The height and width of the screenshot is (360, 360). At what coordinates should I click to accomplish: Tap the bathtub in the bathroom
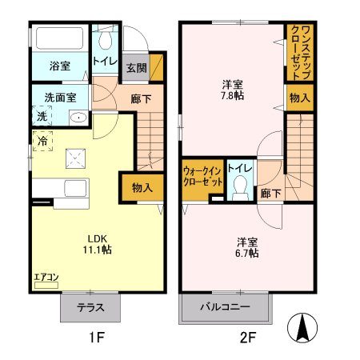[59, 40]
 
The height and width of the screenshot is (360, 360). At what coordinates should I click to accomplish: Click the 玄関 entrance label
[134, 69]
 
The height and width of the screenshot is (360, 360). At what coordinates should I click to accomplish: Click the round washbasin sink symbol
[78, 118]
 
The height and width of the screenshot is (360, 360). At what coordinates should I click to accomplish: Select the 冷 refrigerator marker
[42, 142]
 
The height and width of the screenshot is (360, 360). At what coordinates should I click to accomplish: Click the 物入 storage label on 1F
[142, 188]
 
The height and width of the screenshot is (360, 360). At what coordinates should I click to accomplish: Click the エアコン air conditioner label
[46, 278]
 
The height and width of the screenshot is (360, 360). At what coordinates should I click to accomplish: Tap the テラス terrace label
[90, 308]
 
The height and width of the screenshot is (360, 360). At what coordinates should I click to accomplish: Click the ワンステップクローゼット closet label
[300, 52]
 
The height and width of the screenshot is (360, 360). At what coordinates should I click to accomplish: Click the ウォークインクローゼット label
[202, 177]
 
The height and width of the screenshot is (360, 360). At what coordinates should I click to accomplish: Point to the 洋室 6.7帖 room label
[246, 247]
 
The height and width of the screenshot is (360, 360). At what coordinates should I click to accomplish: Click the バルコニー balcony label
[225, 308]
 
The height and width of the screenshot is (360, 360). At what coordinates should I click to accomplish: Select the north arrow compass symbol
[305, 329]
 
